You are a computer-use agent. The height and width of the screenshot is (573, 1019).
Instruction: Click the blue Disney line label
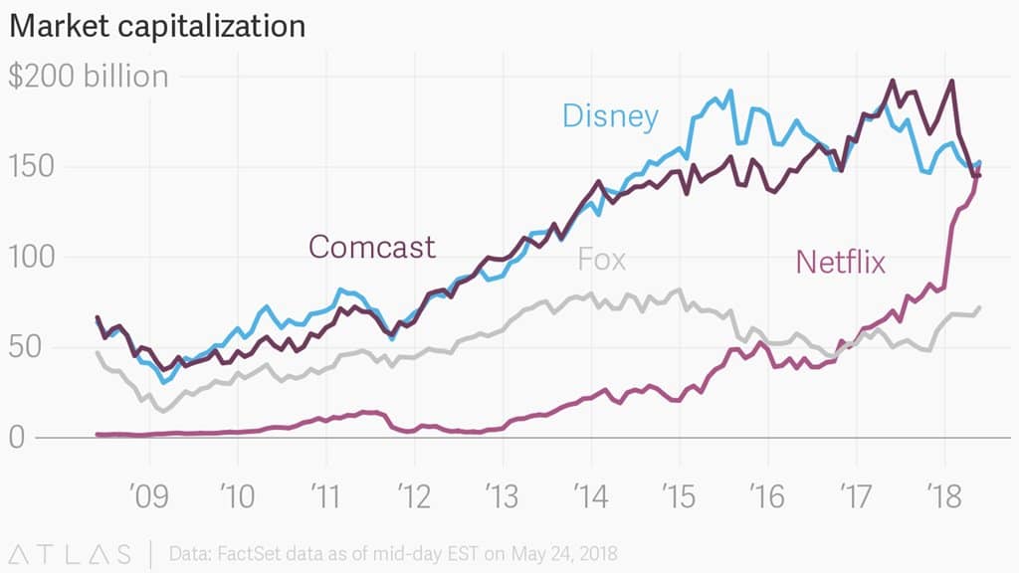pyautogui.click(x=610, y=117)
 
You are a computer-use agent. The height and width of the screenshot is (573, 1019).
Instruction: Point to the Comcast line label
pyautogui.click(x=372, y=246)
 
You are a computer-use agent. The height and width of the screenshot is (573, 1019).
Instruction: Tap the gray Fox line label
pyautogui.click(x=601, y=260)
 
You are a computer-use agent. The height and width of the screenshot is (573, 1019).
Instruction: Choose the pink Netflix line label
pyautogui.click(x=840, y=262)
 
